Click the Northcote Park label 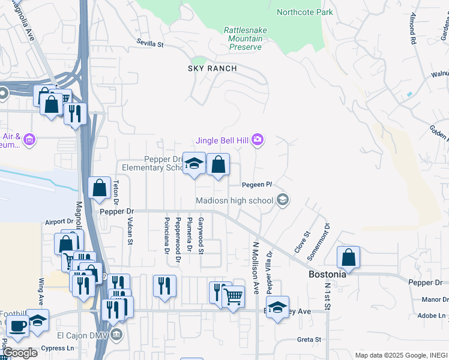point(304,12)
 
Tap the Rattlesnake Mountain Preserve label point(245,38)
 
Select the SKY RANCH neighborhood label point(212,68)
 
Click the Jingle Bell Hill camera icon point(258,140)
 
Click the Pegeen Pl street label point(258,184)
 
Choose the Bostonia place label point(327,274)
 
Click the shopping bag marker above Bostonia point(348,257)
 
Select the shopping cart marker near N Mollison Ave point(233,296)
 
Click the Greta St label point(310,340)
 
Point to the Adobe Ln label point(433,316)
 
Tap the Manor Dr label point(435,299)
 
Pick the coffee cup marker point(17,327)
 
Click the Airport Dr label point(59,222)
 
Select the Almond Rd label point(413,32)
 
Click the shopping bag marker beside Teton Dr point(99,188)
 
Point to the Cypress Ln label point(58,348)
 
